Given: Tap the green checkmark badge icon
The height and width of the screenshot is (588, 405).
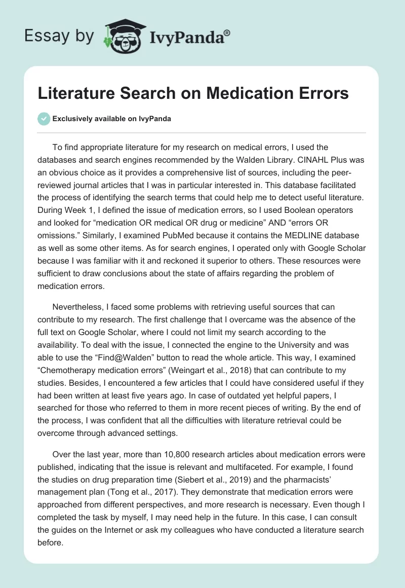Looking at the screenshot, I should coord(44,119).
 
